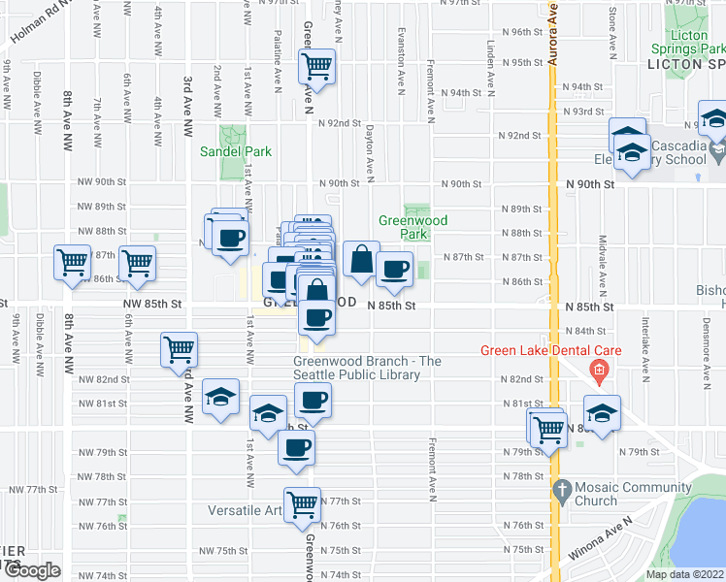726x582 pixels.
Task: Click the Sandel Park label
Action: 236,151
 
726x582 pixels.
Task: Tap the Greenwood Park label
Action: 412,227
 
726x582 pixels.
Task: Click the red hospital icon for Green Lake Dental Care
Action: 599,370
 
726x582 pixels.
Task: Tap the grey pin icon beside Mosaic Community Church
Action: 559,490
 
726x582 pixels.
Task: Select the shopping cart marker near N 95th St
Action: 317,67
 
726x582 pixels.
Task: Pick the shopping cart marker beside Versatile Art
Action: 303,503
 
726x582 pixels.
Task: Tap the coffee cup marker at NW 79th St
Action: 297,447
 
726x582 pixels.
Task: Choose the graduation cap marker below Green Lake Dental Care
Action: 602,411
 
